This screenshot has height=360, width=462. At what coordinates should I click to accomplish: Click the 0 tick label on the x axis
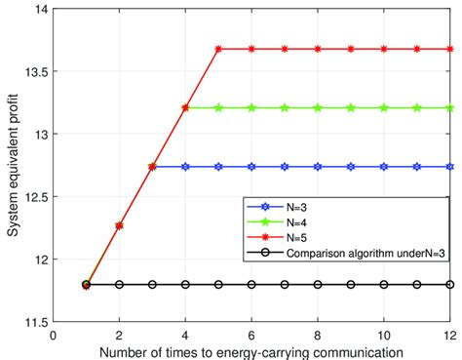point(53,334)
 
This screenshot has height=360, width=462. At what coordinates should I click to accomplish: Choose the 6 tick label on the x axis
point(251,334)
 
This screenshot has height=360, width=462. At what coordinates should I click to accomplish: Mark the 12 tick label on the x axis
point(449,334)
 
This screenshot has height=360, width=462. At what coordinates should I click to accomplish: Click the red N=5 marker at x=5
point(218,49)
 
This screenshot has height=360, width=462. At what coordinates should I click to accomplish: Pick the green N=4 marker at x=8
point(318,107)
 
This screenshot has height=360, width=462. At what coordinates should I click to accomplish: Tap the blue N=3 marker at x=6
point(251,167)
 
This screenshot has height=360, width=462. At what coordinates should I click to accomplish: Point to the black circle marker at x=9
point(351,285)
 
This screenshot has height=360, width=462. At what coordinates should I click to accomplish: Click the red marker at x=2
point(119,225)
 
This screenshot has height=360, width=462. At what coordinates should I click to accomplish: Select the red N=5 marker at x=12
point(449,49)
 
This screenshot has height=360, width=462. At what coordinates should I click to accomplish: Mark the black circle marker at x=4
point(185,285)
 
